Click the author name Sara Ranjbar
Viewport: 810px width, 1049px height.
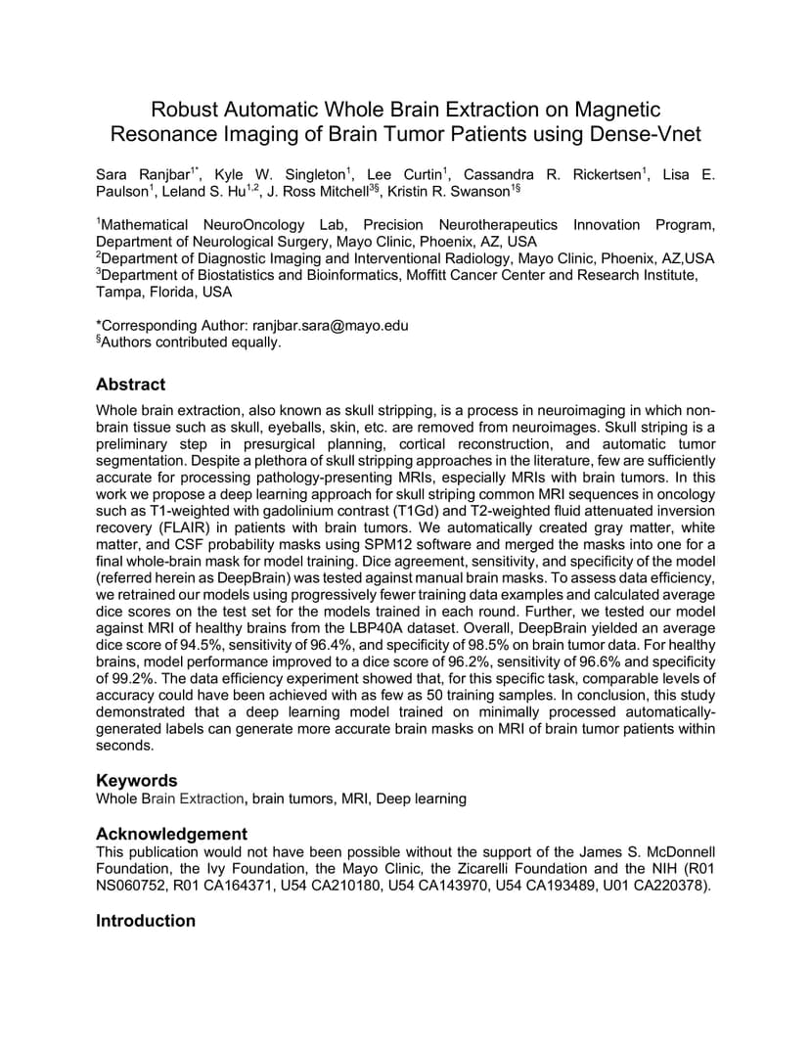click(135, 174)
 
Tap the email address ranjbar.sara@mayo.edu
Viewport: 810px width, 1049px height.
click(330, 325)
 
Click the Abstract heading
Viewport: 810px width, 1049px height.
click(130, 385)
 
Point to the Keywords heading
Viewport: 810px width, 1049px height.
click(136, 780)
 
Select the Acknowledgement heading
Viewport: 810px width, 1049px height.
click(171, 834)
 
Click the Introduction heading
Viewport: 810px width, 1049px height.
click(145, 921)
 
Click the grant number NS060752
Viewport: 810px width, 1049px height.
click(134, 886)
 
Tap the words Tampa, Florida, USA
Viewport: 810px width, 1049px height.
click(163, 292)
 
